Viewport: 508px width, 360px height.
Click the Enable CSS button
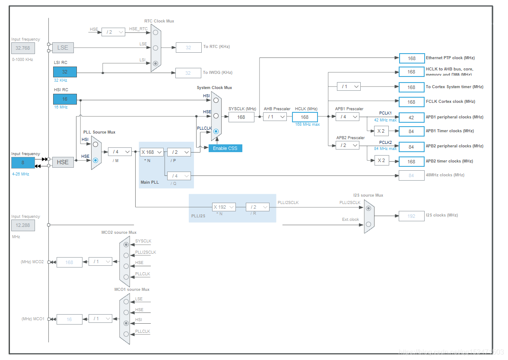tap(225, 148)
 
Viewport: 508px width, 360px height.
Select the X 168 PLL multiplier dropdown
tap(152, 152)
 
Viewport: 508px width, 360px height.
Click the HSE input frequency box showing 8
tap(22, 162)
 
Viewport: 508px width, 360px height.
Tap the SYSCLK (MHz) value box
tap(241, 117)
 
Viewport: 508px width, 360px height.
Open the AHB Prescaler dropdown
tap(275, 117)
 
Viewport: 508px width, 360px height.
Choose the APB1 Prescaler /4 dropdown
tap(347, 117)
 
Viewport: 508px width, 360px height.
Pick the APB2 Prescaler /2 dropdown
tap(347, 145)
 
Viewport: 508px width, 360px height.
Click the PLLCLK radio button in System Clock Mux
tap(216, 131)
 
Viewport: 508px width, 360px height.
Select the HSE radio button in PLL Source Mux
tap(95, 160)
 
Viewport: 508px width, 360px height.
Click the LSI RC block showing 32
tap(65, 72)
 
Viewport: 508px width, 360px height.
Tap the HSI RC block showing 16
tap(65, 99)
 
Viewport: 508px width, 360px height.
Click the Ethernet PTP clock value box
tap(412, 58)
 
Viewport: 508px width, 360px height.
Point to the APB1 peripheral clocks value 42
tap(412, 118)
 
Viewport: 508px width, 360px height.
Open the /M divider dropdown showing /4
tap(120, 152)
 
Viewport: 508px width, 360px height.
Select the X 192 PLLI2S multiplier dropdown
tap(224, 207)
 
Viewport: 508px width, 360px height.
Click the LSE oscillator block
tap(63, 48)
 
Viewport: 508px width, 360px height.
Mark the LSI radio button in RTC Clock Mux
tap(156, 63)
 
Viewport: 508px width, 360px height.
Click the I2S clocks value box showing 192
tap(412, 216)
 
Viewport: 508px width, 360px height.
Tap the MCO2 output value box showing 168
tap(69, 262)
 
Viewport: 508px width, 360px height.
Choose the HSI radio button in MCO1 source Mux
tap(126, 323)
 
